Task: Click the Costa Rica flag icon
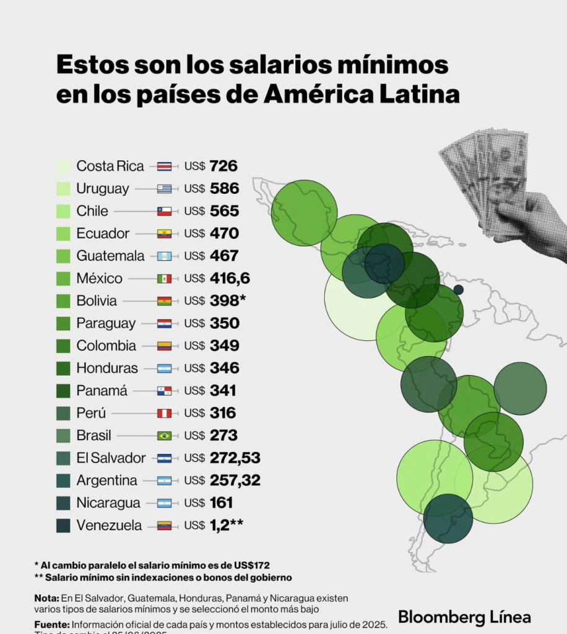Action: pyautogui.click(x=165, y=166)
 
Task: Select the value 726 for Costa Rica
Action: pyautogui.click(x=223, y=166)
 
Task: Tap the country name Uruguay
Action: pyautogui.click(x=103, y=188)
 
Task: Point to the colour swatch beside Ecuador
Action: pyautogui.click(x=63, y=233)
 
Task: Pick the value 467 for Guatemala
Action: pyautogui.click(x=224, y=256)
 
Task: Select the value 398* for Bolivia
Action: pyautogui.click(x=228, y=301)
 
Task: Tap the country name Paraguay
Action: pyautogui.click(x=106, y=323)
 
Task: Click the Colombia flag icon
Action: pyautogui.click(x=165, y=345)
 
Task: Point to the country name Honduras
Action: pyautogui.click(x=107, y=368)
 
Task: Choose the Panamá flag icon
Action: pyautogui.click(x=165, y=391)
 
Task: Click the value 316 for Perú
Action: pyautogui.click(x=223, y=413)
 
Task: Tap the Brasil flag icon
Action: pyautogui.click(x=165, y=435)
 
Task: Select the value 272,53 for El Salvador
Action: pyautogui.click(x=235, y=458)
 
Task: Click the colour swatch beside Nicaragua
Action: pyautogui.click(x=63, y=503)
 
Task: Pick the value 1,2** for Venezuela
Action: pyautogui.click(x=226, y=525)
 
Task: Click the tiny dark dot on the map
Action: pyautogui.click(x=458, y=289)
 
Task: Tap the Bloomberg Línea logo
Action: pyautogui.click(x=464, y=617)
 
